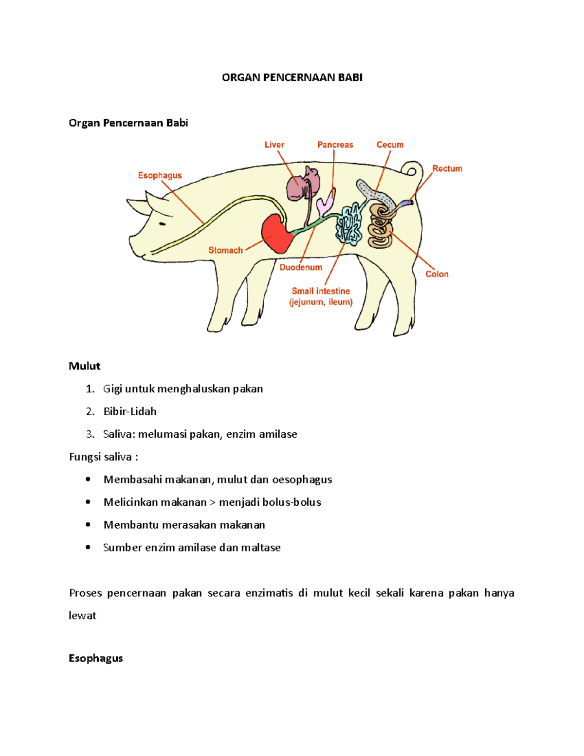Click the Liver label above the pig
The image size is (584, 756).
pos(274,145)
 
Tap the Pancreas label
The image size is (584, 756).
pos(335,145)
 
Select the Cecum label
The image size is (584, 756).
pos(390,145)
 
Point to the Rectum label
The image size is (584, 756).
pos(447,168)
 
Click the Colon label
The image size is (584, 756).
pos(437,274)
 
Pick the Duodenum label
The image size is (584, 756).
pos(300,267)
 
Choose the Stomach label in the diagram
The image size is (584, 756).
pos(225,250)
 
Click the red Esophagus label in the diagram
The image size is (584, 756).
pos(160,175)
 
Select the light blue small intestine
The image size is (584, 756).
pos(349,225)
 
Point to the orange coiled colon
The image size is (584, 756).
pos(380,229)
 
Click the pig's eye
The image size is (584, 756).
pos(162,224)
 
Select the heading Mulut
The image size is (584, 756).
pos(85,366)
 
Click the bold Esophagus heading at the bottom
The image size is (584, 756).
pos(96,658)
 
